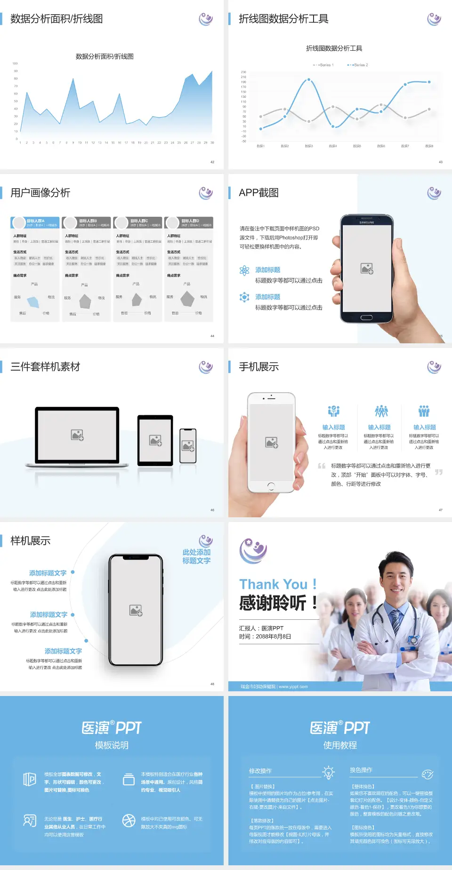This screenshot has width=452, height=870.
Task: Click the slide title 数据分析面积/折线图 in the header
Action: (x=56, y=19)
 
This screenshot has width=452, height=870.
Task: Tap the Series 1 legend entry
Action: (x=324, y=65)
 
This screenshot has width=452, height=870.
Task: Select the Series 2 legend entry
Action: (x=359, y=65)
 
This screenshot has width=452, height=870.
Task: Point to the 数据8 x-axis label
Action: (x=429, y=146)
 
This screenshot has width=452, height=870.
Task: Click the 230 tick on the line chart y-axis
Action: (x=243, y=72)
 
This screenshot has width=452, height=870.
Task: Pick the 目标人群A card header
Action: (x=36, y=222)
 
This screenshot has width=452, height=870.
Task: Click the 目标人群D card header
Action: (x=190, y=222)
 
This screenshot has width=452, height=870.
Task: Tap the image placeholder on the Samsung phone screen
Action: (x=367, y=269)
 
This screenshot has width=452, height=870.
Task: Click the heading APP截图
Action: (x=258, y=193)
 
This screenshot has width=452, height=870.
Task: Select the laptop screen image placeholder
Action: (x=77, y=435)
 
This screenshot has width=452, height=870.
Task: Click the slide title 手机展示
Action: (x=258, y=367)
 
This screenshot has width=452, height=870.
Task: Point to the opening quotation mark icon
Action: (x=322, y=466)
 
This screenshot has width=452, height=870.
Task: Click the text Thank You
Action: (x=273, y=584)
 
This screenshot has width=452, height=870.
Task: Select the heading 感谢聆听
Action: (x=273, y=603)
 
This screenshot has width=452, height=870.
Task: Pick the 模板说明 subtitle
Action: (x=112, y=745)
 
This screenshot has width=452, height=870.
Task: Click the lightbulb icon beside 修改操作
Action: (x=328, y=772)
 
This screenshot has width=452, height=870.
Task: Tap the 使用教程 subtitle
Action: (x=340, y=745)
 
